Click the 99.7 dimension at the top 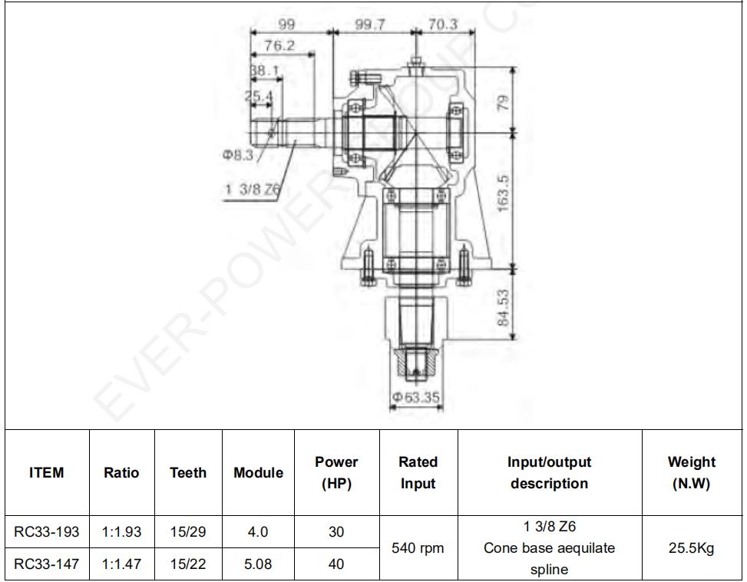point(370,25)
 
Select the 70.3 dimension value point(442,25)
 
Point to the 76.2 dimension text point(279,46)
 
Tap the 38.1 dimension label point(265,71)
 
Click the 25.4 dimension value point(259,96)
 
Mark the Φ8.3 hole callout point(238,155)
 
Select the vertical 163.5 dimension point(503,193)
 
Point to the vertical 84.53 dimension point(503,308)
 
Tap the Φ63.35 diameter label point(416,397)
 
